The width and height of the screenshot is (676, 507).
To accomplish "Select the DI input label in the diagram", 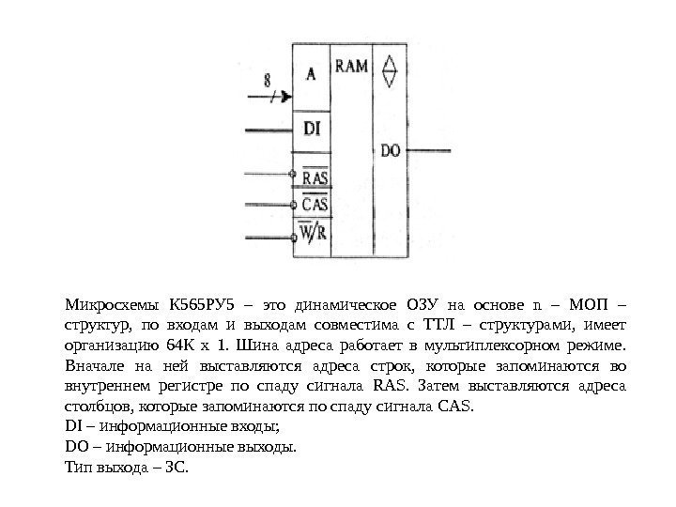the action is click(312, 127).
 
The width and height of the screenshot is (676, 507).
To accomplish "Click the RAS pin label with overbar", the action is click(313, 177).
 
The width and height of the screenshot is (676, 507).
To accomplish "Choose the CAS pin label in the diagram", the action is click(313, 204).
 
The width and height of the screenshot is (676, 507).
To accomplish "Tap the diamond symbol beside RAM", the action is click(390, 69).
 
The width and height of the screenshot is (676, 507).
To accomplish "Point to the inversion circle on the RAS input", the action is click(293, 174).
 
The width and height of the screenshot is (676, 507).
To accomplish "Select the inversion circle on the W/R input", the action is click(295, 238).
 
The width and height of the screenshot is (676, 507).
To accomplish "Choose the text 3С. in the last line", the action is click(175, 467).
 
